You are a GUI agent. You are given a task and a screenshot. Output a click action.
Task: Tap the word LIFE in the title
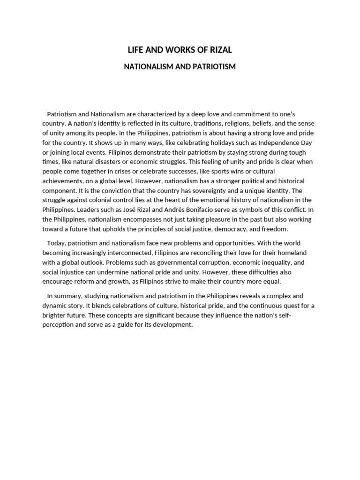click(x=136, y=50)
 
